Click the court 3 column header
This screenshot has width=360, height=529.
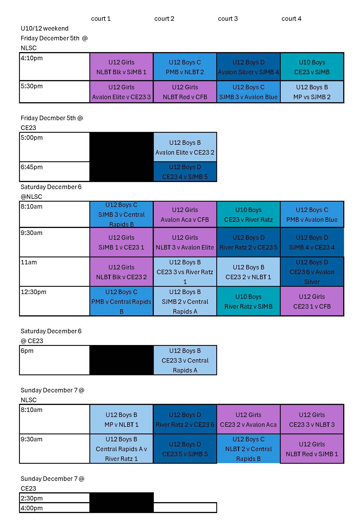(227, 19)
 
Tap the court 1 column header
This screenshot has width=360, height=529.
(101, 19)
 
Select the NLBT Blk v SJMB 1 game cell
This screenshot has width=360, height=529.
(121, 67)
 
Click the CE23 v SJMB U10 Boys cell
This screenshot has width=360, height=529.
(312, 67)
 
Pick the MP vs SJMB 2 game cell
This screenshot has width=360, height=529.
(312, 92)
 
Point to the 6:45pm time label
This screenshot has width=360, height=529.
(32, 167)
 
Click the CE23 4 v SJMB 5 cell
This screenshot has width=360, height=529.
(185, 172)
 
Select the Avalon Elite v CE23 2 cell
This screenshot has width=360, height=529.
(185, 147)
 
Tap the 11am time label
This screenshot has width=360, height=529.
(29, 262)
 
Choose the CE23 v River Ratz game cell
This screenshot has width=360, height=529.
(248, 215)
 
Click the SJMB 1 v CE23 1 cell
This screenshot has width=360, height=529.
(121, 243)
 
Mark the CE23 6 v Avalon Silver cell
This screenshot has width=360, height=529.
(312, 272)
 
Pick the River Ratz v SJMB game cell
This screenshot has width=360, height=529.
(248, 302)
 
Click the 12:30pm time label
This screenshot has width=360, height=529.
(33, 292)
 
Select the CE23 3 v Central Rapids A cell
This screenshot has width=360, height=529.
(185, 360)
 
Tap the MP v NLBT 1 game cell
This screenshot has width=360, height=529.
(121, 420)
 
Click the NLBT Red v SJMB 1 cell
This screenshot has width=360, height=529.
(312, 449)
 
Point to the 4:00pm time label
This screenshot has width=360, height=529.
(32, 508)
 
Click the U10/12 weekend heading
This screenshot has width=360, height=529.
(45, 29)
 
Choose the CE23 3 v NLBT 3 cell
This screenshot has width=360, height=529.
(312, 420)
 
